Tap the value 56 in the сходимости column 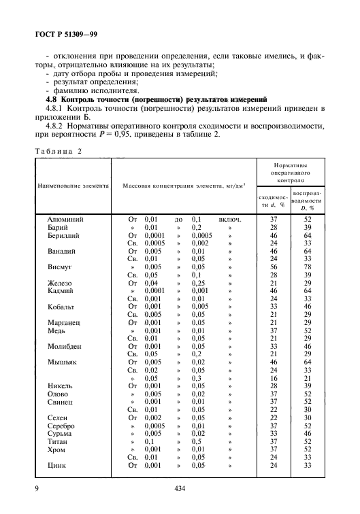(274, 267)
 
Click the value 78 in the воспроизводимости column (308, 267)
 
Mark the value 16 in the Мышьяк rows (274, 378)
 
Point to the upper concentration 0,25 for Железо (197, 283)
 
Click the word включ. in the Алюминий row (230, 220)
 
